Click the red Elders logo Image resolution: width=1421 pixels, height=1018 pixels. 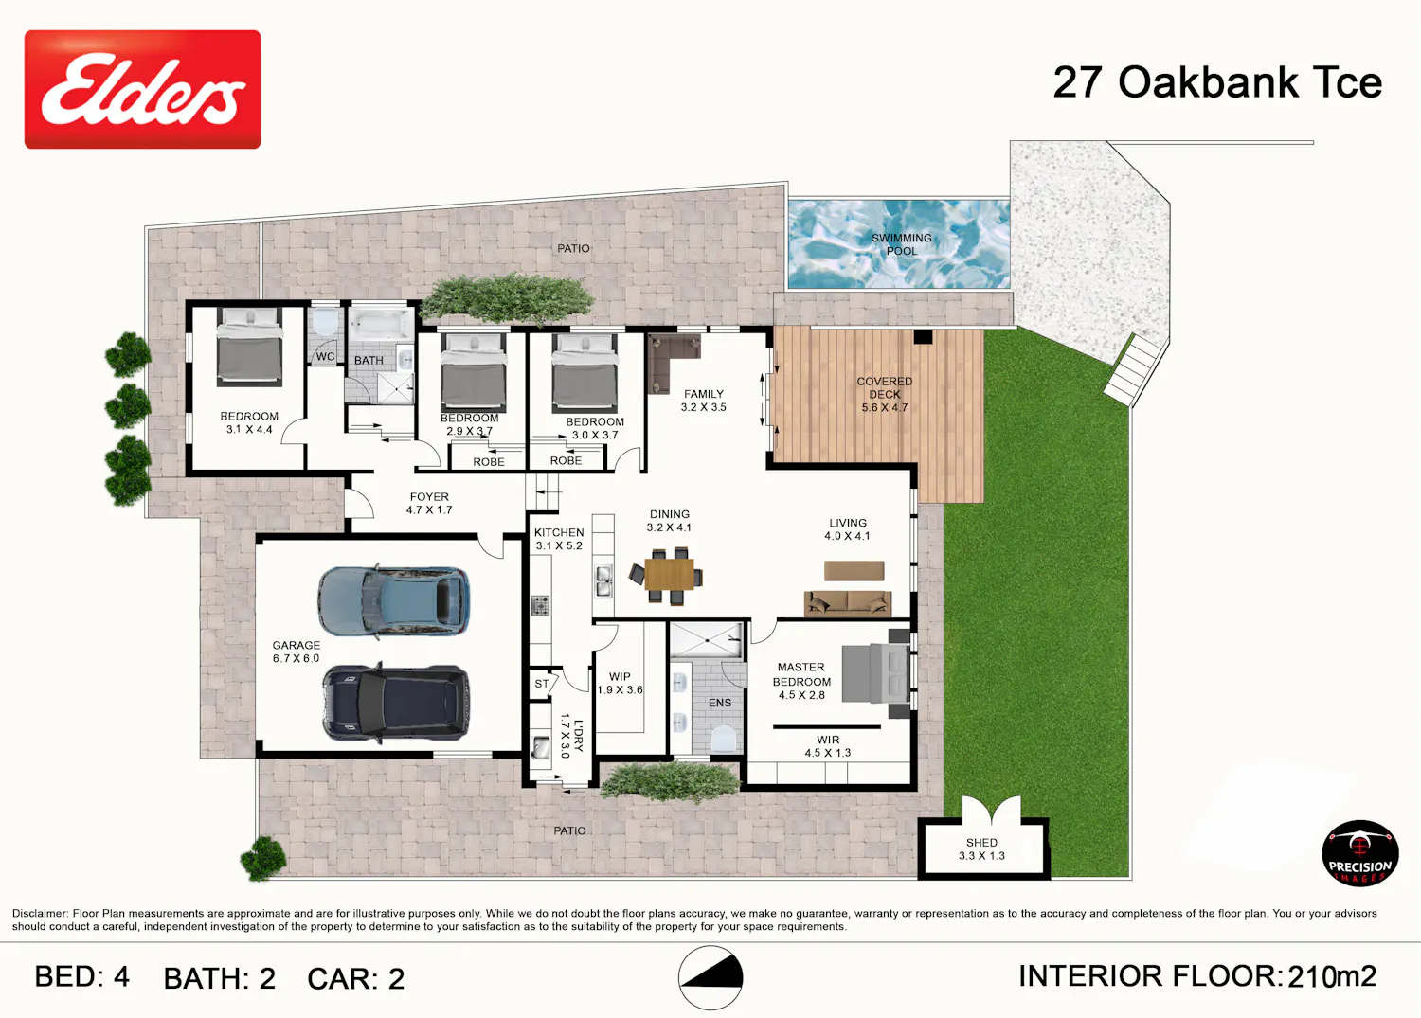coord(142,89)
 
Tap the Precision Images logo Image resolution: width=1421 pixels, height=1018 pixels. coord(1359,853)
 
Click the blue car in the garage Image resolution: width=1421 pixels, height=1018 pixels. coord(393,600)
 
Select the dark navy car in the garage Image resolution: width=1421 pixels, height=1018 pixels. coord(396,703)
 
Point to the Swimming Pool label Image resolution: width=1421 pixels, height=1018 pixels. coord(902,244)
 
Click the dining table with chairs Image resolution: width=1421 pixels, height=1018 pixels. coord(667,575)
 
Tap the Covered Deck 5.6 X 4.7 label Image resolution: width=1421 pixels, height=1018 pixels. coord(884,394)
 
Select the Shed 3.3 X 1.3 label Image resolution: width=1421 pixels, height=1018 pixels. coord(981,848)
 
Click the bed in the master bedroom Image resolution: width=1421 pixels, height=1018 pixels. coord(876,673)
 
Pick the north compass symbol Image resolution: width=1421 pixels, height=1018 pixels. coord(710,977)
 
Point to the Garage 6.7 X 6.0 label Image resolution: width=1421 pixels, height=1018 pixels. coord(297,652)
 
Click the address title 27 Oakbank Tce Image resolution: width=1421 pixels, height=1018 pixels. coord(1217,83)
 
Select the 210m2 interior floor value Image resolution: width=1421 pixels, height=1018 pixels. coord(1332,977)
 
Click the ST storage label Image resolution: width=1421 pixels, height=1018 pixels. coord(541,684)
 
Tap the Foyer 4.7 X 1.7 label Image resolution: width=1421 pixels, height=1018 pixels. coord(429,503)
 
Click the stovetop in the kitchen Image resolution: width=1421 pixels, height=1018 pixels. coord(540,606)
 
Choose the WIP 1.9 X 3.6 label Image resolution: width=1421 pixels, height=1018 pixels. coord(620,683)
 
